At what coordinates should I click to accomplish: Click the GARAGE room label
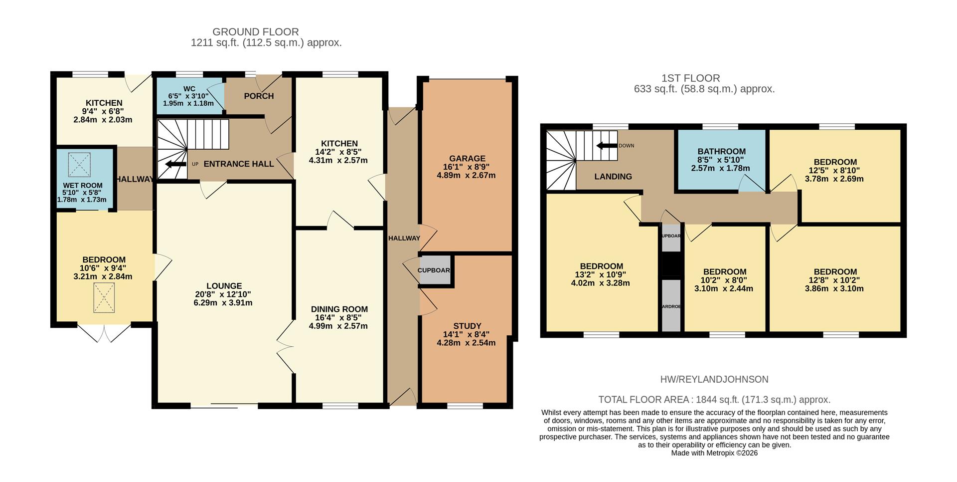coord(467,159)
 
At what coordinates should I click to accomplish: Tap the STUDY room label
coord(467,326)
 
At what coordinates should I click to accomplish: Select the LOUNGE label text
coord(224,286)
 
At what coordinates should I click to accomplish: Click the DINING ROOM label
coord(339,309)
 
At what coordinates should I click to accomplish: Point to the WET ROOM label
coord(82,185)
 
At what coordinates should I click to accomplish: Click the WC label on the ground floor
coord(189,88)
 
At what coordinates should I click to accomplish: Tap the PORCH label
coord(259,96)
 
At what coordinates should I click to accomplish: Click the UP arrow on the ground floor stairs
coord(175,164)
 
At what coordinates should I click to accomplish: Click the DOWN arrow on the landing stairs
coord(607,146)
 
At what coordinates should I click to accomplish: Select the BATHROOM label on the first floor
coord(721,151)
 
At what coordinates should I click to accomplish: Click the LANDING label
coord(613,176)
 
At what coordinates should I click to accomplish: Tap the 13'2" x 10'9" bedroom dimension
coord(601,274)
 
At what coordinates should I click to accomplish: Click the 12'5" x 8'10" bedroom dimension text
coord(835,170)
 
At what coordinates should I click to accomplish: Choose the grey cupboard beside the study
coord(434,270)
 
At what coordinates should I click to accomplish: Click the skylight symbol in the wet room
coord(80,165)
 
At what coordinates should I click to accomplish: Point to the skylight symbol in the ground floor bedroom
coord(104,298)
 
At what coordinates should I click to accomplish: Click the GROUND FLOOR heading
coord(256,32)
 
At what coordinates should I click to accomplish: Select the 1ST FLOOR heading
coord(690,78)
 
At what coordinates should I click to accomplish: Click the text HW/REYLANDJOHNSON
coord(714,379)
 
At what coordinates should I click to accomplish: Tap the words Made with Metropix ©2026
coord(714,453)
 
